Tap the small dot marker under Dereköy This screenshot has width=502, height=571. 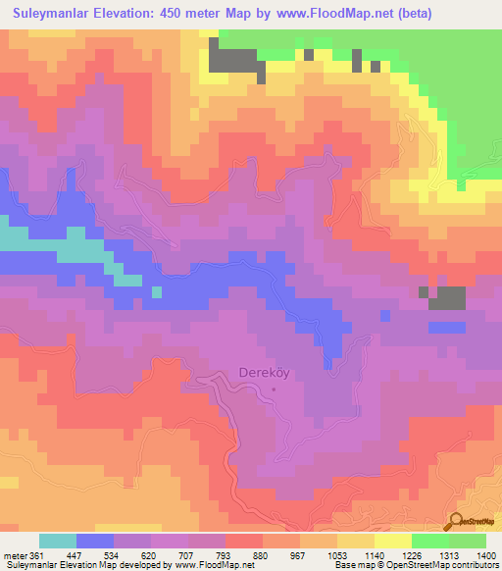tap(274, 389)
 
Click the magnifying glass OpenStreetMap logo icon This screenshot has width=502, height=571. tap(456, 522)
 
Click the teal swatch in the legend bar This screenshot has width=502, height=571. tap(58, 541)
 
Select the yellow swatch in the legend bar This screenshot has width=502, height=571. tap(393, 541)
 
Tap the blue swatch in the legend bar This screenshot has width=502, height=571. tap(95, 541)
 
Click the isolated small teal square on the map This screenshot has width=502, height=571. tap(157, 291)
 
